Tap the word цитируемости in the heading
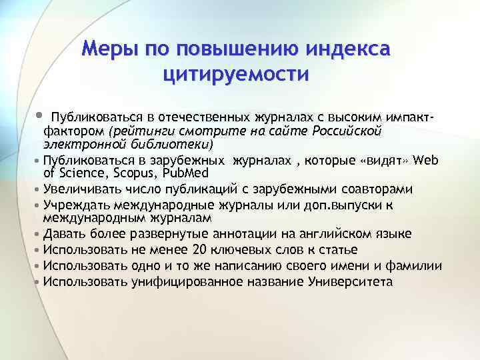[x=235, y=74]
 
